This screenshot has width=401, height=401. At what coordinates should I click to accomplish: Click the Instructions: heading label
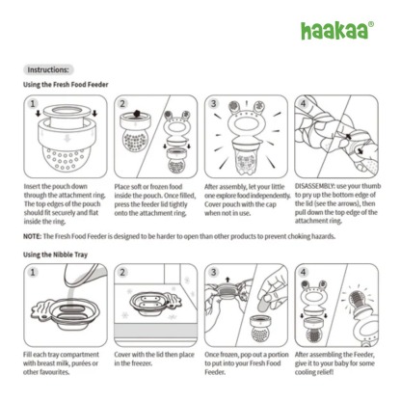[47, 69]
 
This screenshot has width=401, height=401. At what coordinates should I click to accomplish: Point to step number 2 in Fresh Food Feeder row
[122, 102]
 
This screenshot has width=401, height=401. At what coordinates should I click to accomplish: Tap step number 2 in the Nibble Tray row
[122, 273]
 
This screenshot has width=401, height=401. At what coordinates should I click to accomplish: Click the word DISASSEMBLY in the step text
[316, 183]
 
